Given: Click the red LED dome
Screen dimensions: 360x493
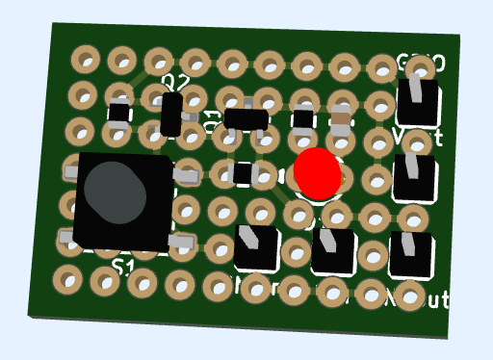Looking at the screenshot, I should (317, 171).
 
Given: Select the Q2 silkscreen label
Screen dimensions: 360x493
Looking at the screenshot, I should (174, 83).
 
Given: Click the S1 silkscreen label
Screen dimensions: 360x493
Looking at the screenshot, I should (122, 267).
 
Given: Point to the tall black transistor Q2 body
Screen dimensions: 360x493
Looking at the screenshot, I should (171, 114).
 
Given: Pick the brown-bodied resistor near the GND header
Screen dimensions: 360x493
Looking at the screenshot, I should (341, 121).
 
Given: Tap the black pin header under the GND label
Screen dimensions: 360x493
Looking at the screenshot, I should (419, 101).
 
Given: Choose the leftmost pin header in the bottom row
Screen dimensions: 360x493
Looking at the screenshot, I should (257, 247).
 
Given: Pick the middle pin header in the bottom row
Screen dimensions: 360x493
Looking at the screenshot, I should (334, 251).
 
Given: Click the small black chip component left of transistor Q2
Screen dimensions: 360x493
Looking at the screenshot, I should (118, 113).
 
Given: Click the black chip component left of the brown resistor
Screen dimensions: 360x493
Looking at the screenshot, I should (303, 118).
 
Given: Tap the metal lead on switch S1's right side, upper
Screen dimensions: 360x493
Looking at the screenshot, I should (185, 173).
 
